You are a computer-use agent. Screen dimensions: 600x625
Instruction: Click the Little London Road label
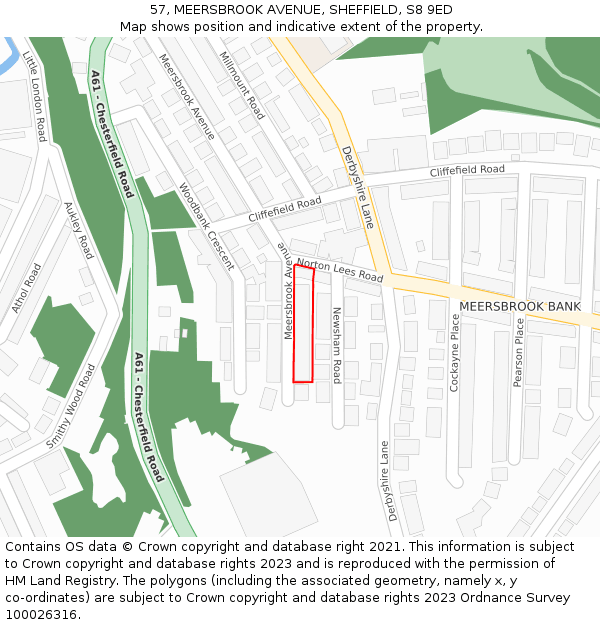coord(34,96)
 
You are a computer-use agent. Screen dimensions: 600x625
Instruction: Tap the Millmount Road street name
coord(241,85)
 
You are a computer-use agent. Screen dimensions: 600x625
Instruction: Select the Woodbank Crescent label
coord(206,226)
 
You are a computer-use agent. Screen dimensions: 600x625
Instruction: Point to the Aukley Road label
coord(78,230)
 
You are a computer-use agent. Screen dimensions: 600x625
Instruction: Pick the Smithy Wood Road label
coord(70,405)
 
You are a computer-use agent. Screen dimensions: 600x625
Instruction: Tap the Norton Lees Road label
coord(340,267)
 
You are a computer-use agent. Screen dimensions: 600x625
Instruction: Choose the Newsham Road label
coord(337,345)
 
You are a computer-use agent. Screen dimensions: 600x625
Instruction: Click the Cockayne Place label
coord(454,352)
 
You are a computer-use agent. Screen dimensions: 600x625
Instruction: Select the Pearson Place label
coord(518,352)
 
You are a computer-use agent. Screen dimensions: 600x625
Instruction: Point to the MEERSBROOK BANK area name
coord(519,306)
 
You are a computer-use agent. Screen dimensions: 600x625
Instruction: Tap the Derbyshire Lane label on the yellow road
coord(357,187)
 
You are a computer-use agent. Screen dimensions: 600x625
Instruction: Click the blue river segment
coord(8,55)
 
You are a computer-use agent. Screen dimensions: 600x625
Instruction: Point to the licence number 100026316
coord(42,614)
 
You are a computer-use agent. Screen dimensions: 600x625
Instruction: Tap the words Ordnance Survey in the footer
coord(522,598)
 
